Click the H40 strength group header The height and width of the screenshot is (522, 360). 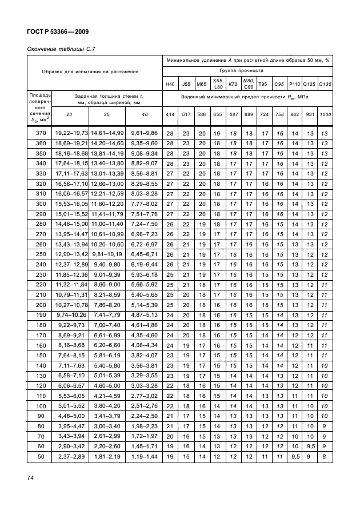point(170,83)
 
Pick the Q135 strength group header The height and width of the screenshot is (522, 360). point(325,83)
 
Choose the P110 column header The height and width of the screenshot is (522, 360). point(294,83)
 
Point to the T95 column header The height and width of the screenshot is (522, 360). point(263,83)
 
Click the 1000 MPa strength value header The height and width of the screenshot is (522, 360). point(325,115)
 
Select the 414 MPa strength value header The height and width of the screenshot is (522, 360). point(170,115)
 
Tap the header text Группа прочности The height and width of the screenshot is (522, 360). point(247,70)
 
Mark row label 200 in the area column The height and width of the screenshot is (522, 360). point(40,305)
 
